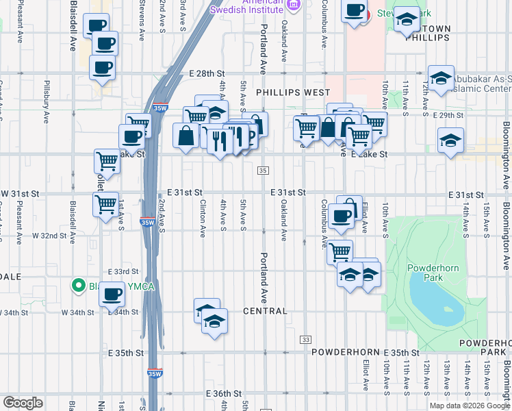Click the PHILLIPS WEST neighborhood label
pyautogui.click(x=293, y=92)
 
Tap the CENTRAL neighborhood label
pyautogui.click(x=265, y=311)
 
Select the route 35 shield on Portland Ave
pyautogui.click(x=264, y=170)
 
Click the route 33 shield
pyautogui.click(x=305, y=340)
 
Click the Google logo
pyautogui.click(x=24, y=403)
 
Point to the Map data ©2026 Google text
pyautogui.click(x=469, y=406)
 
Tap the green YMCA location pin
pyautogui.click(x=80, y=286)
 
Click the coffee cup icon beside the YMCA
pyautogui.click(x=112, y=295)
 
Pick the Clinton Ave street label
pyautogui.click(x=203, y=219)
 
